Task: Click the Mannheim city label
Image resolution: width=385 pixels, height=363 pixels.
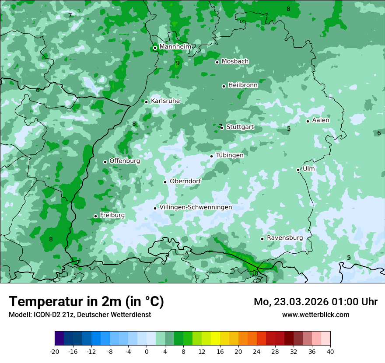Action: coord(175,47)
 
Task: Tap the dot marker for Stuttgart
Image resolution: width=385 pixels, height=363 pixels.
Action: coord(222,128)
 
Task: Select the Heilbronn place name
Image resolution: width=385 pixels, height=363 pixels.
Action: coord(243,85)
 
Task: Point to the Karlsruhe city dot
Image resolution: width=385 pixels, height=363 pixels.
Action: coord(147,102)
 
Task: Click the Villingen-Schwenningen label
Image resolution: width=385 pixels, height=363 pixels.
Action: coord(196,207)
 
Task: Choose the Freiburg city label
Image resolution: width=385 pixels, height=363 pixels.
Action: coord(112,215)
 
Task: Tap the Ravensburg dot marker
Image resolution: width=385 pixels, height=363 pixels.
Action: coord(262,239)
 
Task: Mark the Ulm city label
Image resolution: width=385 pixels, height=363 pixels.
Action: coord(308,169)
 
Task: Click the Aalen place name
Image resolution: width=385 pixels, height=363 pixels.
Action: coord(321,120)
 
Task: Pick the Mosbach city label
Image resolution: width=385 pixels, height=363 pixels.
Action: coord(235,62)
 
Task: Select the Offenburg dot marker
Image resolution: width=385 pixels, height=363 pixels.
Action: coord(105,162)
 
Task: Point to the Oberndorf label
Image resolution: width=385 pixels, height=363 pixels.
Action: coord(185,181)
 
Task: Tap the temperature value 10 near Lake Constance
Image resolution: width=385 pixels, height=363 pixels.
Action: coord(255,273)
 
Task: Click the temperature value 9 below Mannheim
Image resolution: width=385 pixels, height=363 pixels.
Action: coord(178,63)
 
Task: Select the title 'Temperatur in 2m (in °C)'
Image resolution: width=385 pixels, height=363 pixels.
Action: coord(86,302)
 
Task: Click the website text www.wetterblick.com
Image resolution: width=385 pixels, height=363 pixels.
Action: coord(315,314)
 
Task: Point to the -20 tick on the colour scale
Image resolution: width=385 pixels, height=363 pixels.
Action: coord(55,351)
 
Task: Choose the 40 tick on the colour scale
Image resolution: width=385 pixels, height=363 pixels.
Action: coord(330,351)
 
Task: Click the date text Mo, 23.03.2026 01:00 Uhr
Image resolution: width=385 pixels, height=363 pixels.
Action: coord(315,302)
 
